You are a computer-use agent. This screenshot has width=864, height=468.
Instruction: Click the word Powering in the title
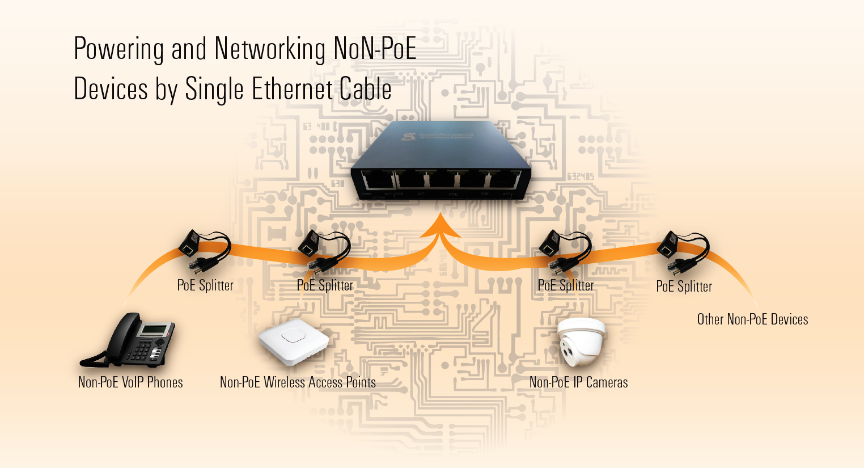120,49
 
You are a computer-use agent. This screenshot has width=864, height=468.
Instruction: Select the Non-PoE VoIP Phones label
130,382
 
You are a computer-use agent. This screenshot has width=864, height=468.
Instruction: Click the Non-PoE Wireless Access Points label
298,382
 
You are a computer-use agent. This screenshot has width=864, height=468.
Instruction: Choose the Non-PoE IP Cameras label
578,382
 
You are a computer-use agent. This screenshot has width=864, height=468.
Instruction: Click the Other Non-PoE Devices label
752,319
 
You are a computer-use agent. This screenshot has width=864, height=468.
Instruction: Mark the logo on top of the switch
409,137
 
